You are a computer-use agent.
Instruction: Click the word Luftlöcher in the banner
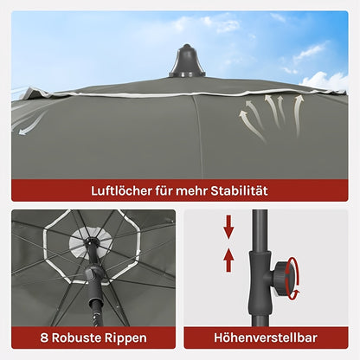click(121, 190)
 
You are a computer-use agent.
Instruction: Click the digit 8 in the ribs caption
click(44, 337)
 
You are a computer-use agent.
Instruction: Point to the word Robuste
click(76, 337)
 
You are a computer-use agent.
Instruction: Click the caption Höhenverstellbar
click(266, 337)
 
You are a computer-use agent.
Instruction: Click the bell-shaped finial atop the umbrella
click(187, 61)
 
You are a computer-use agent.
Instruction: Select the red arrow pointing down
click(228, 227)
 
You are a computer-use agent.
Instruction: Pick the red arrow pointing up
click(228, 260)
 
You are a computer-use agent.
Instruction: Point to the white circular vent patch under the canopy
click(90, 241)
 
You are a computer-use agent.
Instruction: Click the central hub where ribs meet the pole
click(91, 241)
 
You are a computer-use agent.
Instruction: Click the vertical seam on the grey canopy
click(197, 137)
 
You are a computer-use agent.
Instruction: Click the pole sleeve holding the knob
click(260, 283)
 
